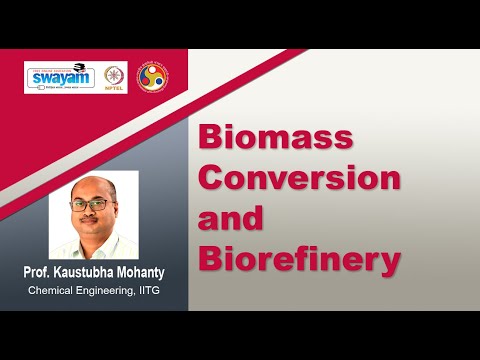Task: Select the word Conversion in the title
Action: pyautogui.click(x=301, y=178)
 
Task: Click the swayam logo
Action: pyautogui.click(x=59, y=77)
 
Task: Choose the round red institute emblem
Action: pyautogui.click(x=153, y=75)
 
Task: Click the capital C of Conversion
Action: pyautogui.click(x=212, y=178)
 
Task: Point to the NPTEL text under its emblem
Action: pyautogui.click(x=115, y=88)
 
